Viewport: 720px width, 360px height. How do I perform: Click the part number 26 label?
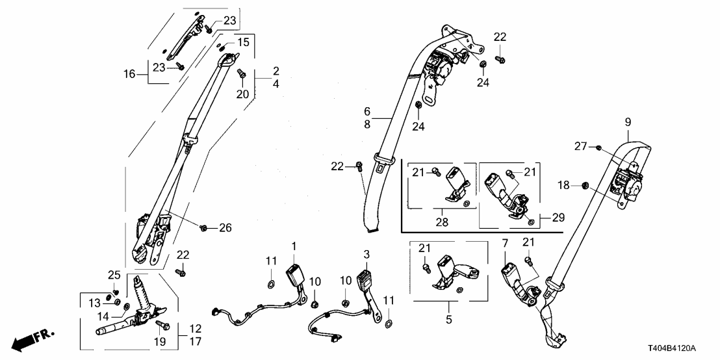point(225,227)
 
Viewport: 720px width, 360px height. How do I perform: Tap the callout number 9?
point(628,121)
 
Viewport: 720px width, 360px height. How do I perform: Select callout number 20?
point(242,94)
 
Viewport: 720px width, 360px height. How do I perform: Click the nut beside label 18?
point(583,186)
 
